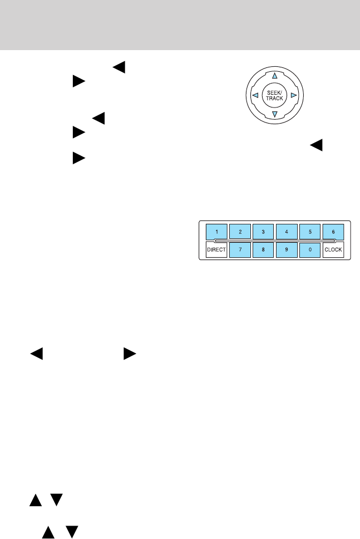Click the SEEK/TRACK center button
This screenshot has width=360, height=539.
pos(274,95)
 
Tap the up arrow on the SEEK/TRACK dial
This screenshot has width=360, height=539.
pos(274,76)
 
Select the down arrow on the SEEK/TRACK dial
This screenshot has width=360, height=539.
pos(274,115)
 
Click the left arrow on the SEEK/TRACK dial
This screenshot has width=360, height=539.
pos(254,95)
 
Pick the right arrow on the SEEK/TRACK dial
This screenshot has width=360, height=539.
pos(293,95)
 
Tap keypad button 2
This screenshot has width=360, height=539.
pos(240,231)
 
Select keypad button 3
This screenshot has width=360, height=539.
pos(263,231)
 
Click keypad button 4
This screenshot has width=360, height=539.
pos(286,231)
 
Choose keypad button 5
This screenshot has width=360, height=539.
pos(309,231)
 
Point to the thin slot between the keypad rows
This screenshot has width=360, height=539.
pos(275,241)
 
